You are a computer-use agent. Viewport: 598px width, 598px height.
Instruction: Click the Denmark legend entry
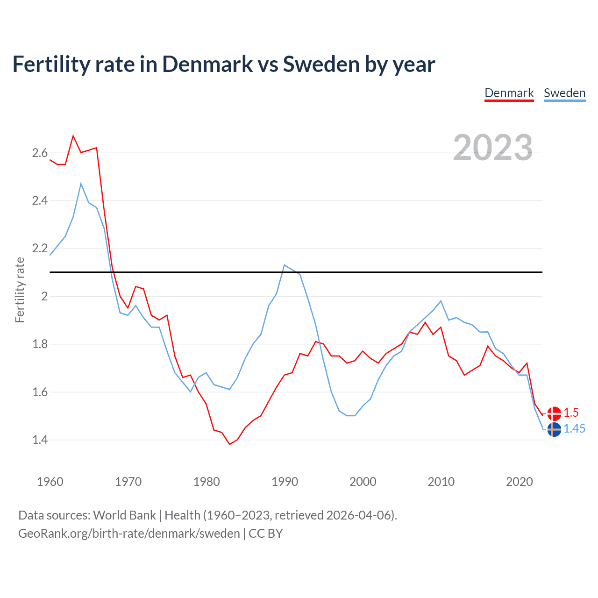(509, 93)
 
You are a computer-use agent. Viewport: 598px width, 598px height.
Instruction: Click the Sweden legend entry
(564, 93)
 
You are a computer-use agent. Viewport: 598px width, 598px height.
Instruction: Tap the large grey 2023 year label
(493, 148)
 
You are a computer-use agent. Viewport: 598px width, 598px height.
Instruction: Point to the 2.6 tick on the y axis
(40, 153)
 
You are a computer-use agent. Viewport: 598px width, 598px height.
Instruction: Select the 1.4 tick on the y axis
(40, 440)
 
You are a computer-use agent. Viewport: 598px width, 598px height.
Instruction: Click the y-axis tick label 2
(45, 296)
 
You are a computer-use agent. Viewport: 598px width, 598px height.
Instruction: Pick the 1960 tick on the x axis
(50, 482)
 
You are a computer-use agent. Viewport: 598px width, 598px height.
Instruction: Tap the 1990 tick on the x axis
(285, 482)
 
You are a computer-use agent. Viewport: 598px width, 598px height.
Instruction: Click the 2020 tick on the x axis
(519, 482)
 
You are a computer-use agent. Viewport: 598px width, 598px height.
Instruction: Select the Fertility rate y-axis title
(20, 290)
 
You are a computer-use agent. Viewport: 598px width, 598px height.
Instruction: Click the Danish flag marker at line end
(554, 413)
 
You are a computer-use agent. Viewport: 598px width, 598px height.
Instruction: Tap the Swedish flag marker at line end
(554, 429)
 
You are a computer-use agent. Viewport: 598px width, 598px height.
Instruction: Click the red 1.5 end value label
(571, 413)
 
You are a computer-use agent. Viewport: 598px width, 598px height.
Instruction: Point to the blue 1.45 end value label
(574, 429)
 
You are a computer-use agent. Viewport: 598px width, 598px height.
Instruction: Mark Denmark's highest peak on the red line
(73, 136)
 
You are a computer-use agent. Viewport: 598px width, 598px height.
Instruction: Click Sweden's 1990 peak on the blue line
(285, 265)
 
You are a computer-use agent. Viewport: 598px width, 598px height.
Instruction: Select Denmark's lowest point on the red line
(229, 444)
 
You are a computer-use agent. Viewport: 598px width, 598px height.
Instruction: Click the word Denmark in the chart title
(207, 64)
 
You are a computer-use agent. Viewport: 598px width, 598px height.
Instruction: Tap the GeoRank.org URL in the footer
(129, 534)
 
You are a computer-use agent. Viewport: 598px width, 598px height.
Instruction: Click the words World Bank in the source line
(124, 515)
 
